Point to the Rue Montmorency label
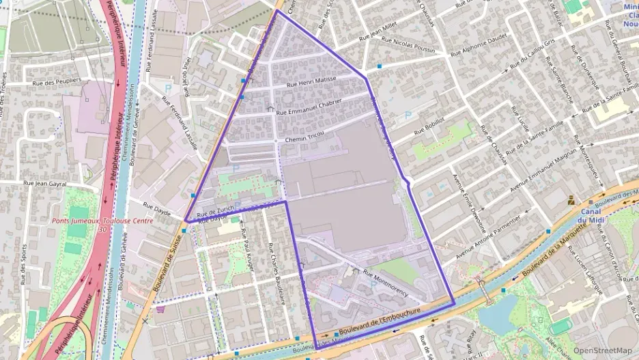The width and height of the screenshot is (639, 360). tap(386, 282)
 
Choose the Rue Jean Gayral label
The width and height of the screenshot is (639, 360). tap(44, 183)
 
